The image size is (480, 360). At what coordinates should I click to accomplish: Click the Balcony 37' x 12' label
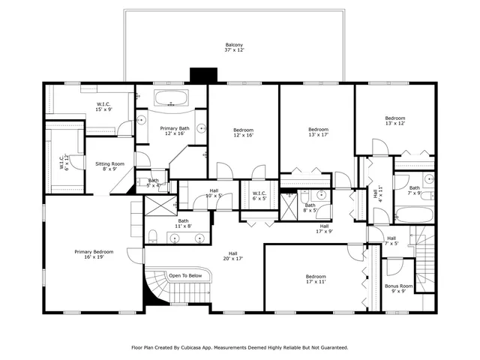tap(234, 47)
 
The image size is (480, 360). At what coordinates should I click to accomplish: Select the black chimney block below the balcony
tap(202, 76)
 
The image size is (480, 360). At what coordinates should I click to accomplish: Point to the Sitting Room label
tap(109, 166)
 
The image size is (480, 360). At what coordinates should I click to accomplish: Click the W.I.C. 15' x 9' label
tap(104, 107)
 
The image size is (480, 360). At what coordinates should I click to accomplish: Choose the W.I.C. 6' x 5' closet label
tap(259, 196)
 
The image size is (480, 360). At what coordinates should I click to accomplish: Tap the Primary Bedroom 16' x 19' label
tap(94, 255)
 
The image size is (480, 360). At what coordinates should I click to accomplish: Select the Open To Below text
tap(185, 275)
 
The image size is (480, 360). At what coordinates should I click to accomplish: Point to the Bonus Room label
tap(399, 289)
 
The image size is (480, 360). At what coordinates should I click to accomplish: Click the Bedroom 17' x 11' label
tap(315, 278)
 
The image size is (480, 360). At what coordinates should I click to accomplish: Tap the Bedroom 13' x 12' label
tap(394, 120)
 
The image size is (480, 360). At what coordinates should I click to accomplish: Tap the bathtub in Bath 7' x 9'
tap(413, 215)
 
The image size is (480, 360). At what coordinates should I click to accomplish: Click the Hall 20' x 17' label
tap(233, 256)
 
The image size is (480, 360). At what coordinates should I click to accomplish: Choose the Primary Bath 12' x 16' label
tap(174, 130)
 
